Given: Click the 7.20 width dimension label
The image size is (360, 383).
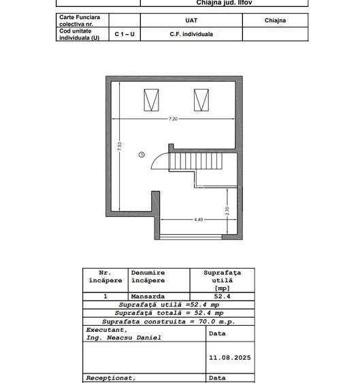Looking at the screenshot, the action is point(173,119).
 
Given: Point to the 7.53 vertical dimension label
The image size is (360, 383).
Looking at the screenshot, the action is point(120,146).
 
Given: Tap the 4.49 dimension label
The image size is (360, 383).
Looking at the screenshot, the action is point(199,220).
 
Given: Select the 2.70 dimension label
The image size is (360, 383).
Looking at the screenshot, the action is point(227,211).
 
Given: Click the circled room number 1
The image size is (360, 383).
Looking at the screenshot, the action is point(142,154).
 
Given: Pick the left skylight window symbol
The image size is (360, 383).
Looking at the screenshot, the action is point(151,100).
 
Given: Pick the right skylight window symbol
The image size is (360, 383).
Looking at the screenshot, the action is point(201,100).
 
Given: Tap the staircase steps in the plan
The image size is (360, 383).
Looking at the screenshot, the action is point(195,161).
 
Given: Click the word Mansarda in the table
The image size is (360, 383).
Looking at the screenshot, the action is point(148,297).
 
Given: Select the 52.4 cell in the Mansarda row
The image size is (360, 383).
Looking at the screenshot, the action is point(222,297).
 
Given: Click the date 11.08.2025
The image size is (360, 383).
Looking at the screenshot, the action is point(230,358).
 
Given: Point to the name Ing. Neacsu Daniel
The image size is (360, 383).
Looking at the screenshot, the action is point(124,338).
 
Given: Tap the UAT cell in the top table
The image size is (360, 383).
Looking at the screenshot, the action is point(191,20).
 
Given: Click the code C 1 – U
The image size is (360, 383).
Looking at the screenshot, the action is point(125,34).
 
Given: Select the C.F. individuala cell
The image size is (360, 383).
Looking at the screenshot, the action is point(191,34).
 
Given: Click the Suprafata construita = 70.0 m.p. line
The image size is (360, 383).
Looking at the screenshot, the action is point(169,322).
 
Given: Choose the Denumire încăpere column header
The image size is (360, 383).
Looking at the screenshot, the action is point(148,276).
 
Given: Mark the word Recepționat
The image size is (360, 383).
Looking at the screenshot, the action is point(111,378).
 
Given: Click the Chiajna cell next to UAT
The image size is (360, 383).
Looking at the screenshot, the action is point(275,20).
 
